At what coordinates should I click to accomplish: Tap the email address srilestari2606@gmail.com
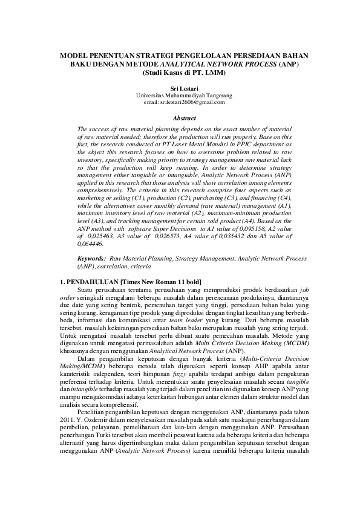click(x=180, y=102)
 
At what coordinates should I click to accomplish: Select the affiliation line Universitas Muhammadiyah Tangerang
click(x=180, y=96)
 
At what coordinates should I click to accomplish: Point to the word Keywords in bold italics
click(x=92, y=258)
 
